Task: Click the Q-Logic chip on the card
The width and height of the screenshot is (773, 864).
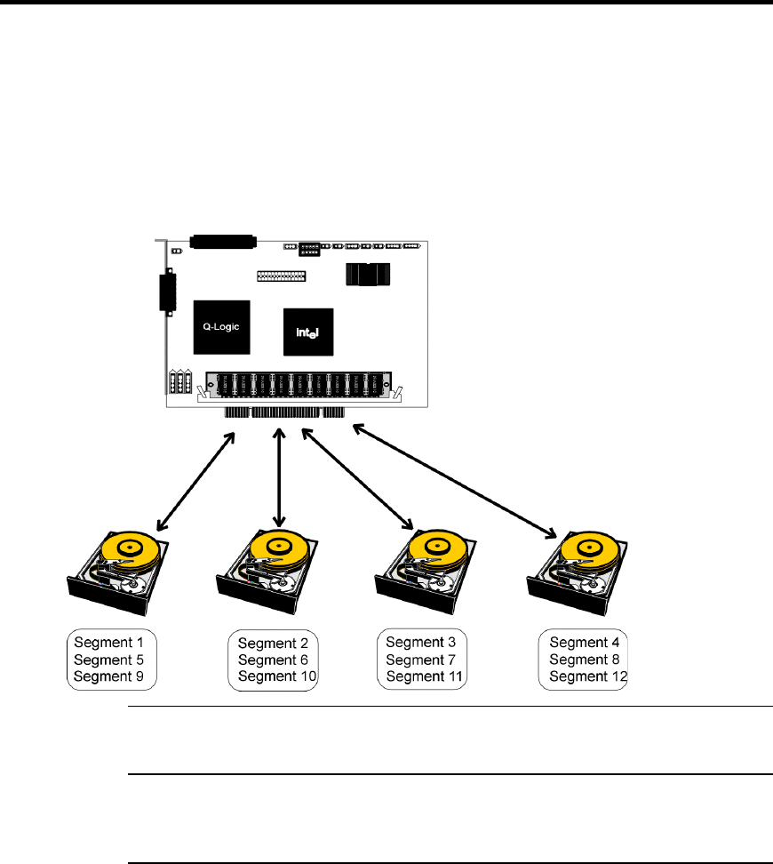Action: [x=221, y=327]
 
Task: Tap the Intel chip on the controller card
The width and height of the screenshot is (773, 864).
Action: [x=308, y=332]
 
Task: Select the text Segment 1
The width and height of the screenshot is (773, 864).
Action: [x=108, y=643]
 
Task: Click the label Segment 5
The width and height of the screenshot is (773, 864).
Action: [x=108, y=660]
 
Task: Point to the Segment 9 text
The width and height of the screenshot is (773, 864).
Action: [x=108, y=676]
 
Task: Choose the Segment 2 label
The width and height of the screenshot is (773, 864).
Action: [x=273, y=643]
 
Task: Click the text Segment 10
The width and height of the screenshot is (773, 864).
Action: [x=277, y=676]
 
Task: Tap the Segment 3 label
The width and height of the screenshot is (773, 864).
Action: [x=421, y=643]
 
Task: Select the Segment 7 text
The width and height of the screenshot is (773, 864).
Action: [x=421, y=660]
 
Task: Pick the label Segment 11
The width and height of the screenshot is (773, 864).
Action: [x=424, y=676]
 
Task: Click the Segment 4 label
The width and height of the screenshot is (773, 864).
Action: [x=585, y=643]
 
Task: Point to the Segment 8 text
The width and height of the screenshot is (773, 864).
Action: [x=585, y=660]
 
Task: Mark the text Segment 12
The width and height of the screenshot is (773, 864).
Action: [x=588, y=676]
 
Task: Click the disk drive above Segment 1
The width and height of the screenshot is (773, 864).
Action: [x=118, y=573]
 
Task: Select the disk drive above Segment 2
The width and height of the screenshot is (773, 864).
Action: [x=267, y=572]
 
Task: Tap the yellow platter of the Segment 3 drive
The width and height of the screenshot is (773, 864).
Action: [x=438, y=550]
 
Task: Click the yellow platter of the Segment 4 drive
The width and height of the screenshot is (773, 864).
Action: [x=590, y=550]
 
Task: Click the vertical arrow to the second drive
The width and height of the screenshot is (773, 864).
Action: [x=279, y=478]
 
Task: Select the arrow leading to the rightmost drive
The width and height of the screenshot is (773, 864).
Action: [x=455, y=481]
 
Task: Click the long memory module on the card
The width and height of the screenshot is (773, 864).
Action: [x=299, y=385]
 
